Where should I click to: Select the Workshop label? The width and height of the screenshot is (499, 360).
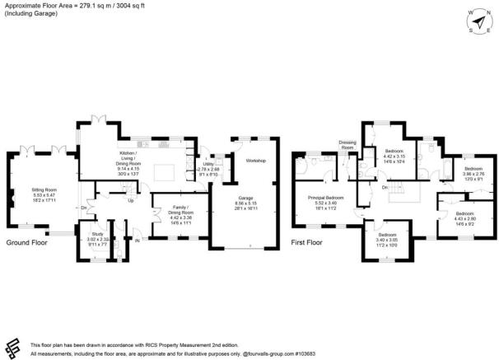tap(256, 161)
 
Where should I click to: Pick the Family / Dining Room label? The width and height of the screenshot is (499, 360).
tap(180, 212)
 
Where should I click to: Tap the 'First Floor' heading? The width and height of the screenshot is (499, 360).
tap(310, 244)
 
